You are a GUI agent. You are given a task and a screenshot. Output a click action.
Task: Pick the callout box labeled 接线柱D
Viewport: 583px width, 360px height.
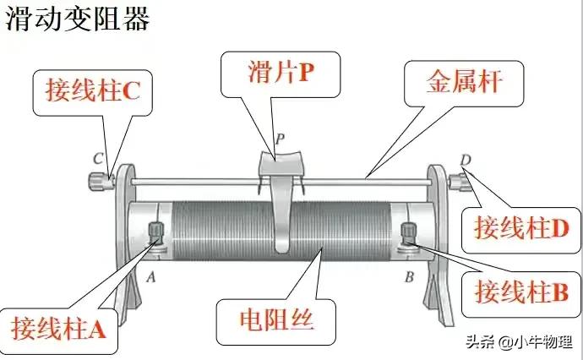[518, 228]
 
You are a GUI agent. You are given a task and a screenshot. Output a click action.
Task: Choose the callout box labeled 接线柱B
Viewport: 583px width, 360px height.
[518, 292]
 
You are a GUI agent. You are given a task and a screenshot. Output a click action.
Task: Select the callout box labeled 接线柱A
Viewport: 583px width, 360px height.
[59, 326]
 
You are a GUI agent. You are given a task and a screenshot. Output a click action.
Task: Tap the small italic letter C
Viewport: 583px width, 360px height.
[98, 158]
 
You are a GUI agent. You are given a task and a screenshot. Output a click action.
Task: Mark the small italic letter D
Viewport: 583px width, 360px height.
[466, 160]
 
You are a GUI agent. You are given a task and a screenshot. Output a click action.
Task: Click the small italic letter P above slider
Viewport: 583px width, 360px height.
[280, 137]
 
